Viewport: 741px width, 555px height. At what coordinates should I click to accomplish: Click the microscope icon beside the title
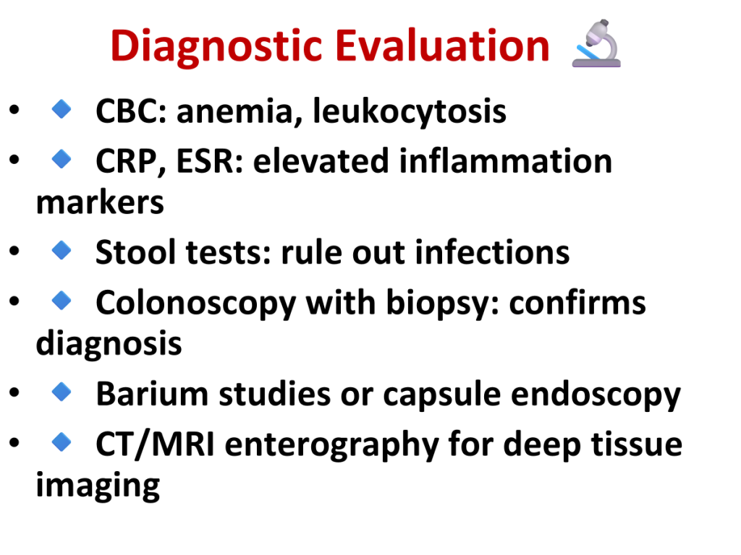(x=596, y=43)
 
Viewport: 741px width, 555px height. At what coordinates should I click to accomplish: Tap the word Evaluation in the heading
(x=442, y=46)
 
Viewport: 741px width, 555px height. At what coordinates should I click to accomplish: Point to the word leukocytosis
(x=410, y=112)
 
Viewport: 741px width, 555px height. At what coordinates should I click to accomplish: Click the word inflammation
(x=505, y=161)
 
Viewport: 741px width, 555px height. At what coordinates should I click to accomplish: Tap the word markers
(x=100, y=202)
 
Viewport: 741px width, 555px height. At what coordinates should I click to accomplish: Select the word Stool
(x=135, y=252)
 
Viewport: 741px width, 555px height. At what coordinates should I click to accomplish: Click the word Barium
(x=152, y=394)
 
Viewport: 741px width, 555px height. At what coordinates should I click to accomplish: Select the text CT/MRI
(x=155, y=444)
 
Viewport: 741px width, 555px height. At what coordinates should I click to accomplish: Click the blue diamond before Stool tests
(x=62, y=250)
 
